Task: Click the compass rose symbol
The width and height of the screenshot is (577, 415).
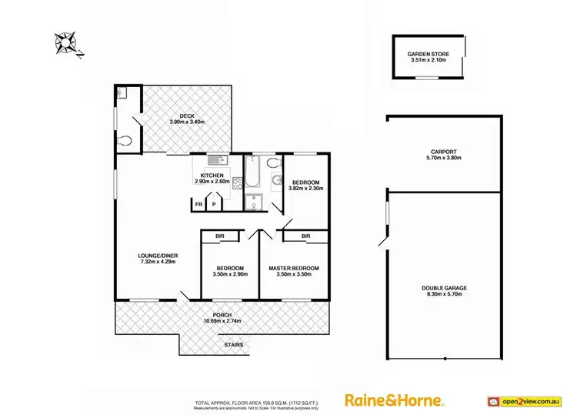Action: click(66, 42)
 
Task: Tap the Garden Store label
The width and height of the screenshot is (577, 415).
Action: click(429, 53)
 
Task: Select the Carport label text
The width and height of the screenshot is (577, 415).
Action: click(444, 152)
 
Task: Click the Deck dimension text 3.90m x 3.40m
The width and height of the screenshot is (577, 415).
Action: click(187, 122)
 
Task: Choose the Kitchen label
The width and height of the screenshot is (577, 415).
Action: click(212, 176)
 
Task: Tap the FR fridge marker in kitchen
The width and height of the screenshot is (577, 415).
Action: click(198, 205)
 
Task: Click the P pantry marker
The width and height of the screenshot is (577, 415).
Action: click(215, 205)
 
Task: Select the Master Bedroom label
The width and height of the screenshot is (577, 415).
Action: click(293, 268)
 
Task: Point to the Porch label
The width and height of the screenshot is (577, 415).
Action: click(222, 314)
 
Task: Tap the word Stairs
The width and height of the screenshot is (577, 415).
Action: click(234, 345)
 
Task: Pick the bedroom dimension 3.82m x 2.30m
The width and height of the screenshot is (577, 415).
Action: click(305, 188)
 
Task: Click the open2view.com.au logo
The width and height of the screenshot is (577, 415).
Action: click(525, 401)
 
